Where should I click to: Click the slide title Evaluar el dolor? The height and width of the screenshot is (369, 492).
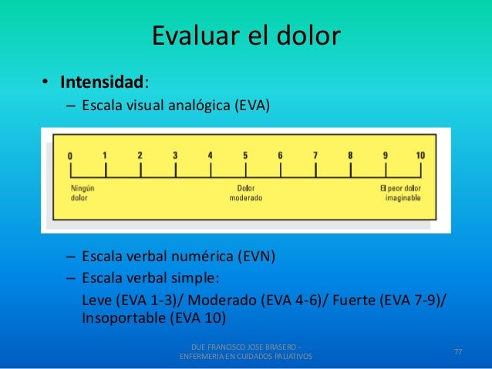(x=245, y=36)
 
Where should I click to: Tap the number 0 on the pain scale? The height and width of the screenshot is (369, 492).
(x=70, y=156)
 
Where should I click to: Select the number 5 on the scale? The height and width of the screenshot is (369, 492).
(x=245, y=155)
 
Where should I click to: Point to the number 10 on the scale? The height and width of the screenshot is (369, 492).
(x=420, y=155)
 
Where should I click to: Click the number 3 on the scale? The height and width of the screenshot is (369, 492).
(x=175, y=155)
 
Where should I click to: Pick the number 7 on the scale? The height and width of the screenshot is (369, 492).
(x=315, y=155)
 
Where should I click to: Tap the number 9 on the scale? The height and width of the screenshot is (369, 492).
(x=385, y=155)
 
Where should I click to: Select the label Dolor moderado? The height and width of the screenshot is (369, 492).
(x=245, y=192)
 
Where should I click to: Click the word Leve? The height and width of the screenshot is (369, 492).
(x=96, y=299)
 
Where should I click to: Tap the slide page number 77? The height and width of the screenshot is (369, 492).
(x=458, y=352)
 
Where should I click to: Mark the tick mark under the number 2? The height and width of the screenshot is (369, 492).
(x=140, y=168)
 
